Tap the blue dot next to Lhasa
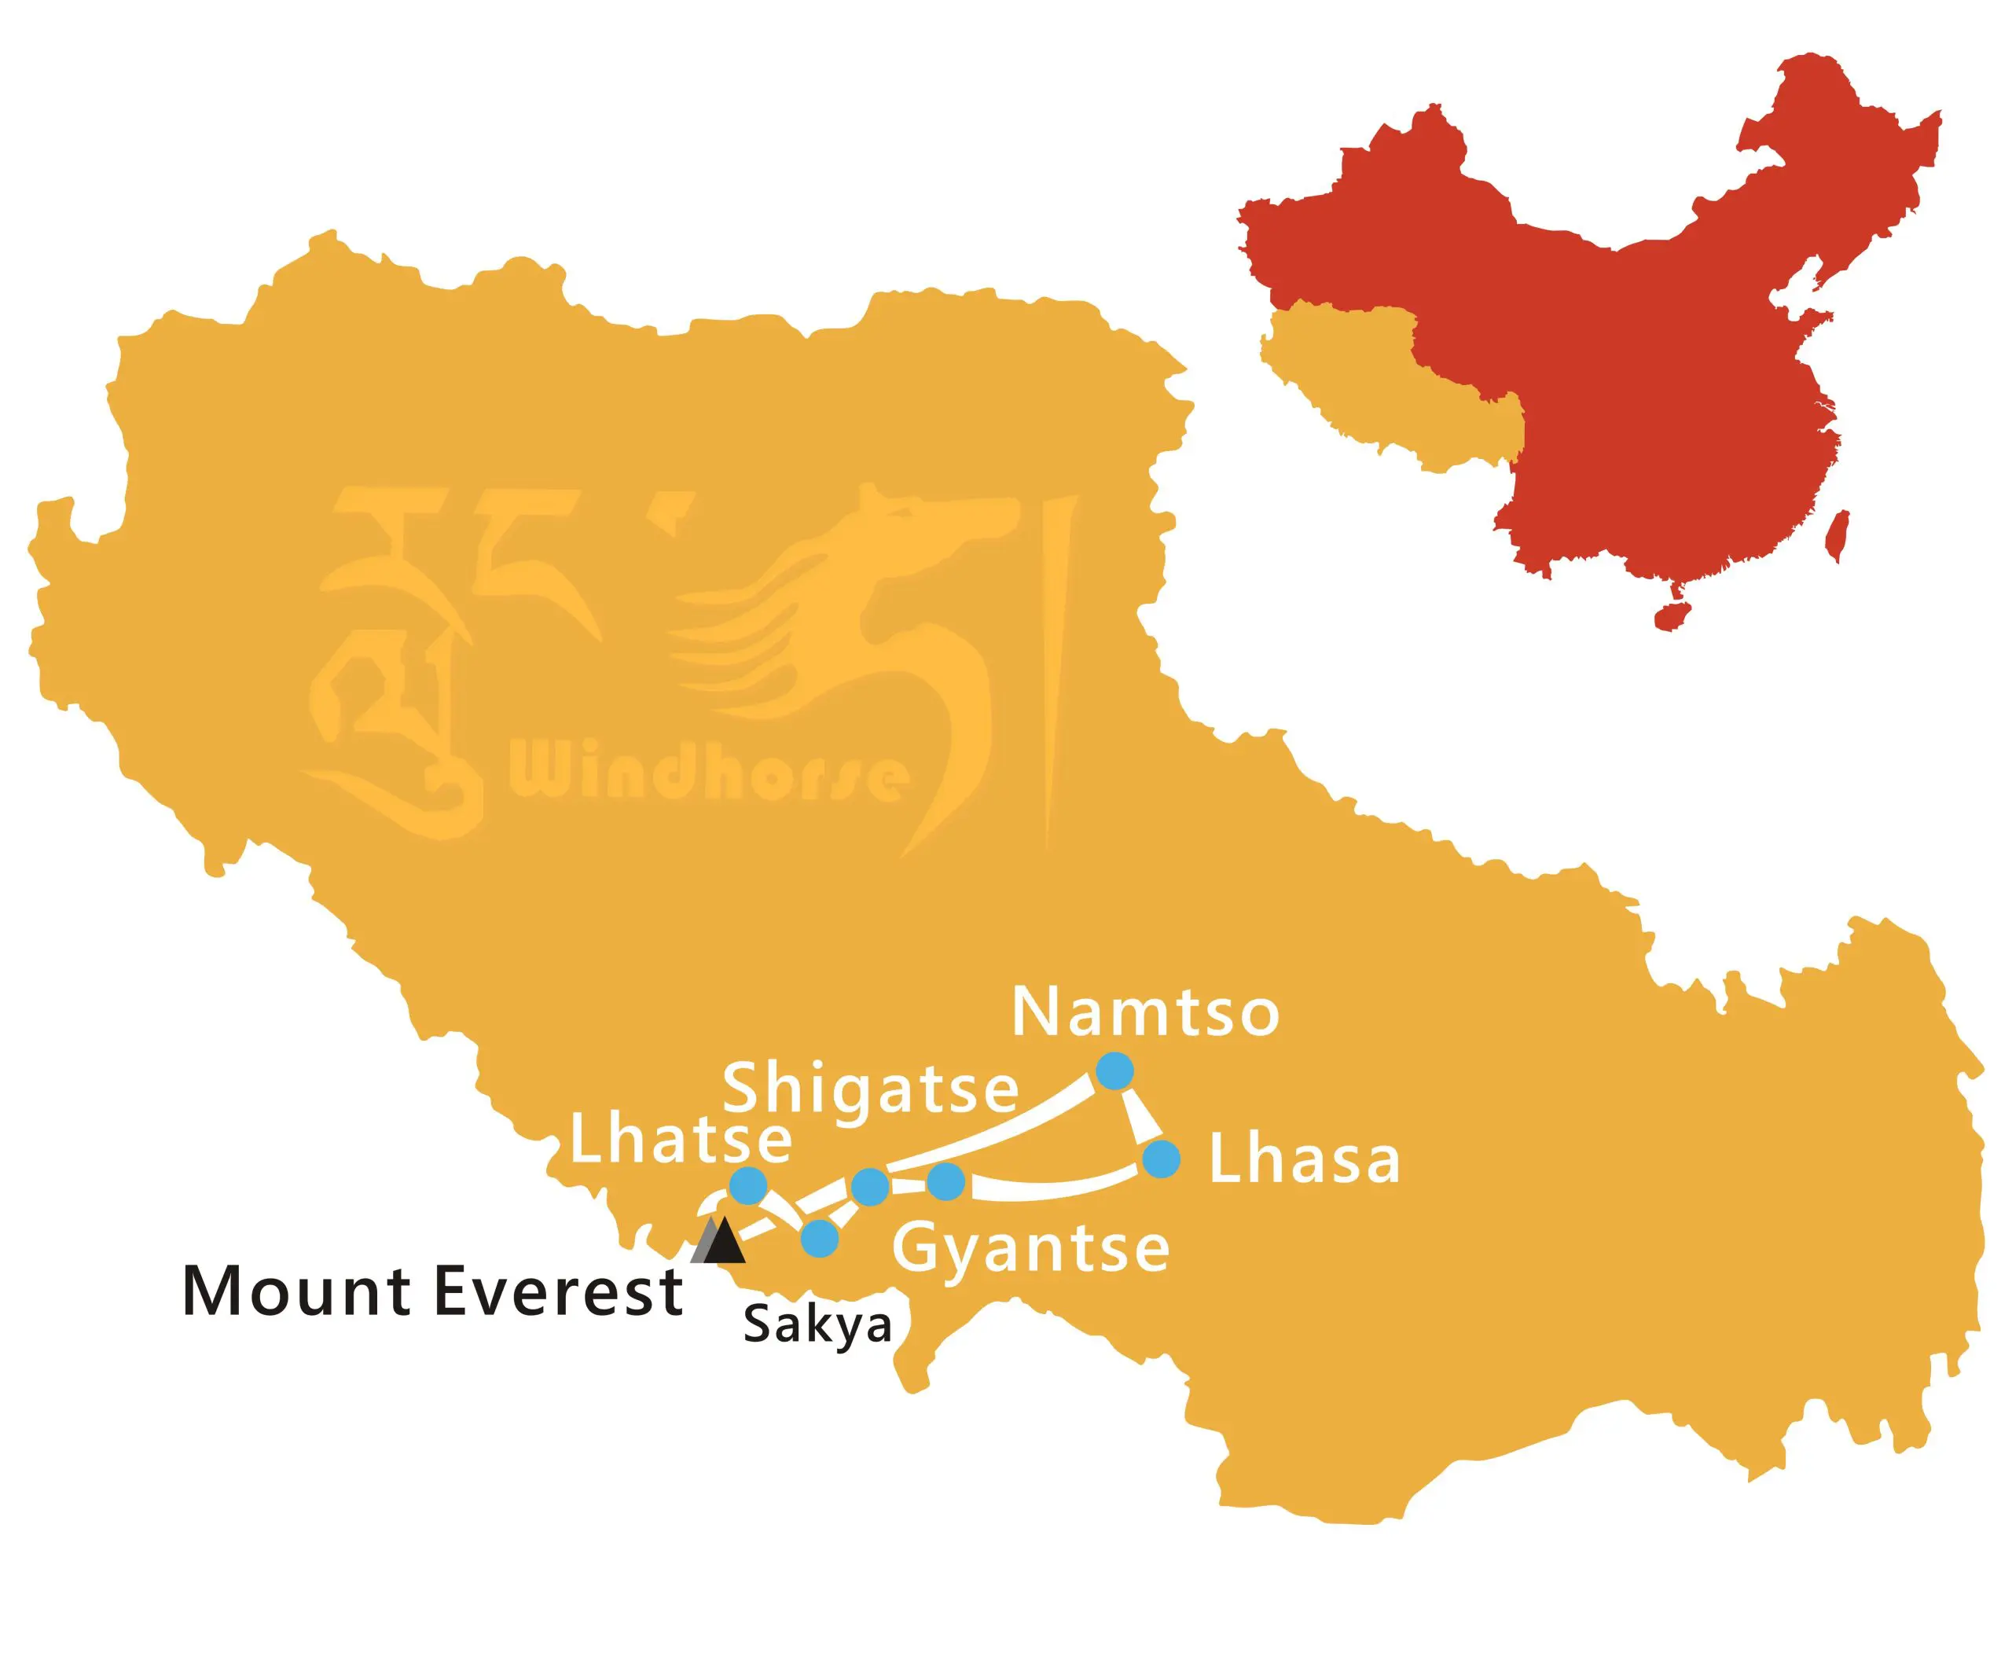pos(1161,1160)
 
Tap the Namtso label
pos(1144,1012)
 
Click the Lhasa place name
pos(1305,1160)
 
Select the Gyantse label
pos(1031,1248)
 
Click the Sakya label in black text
pos(817,1326)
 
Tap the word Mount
pos(299,1291)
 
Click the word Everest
pos(559,1291)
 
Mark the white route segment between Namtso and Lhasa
pos(1137,1115)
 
